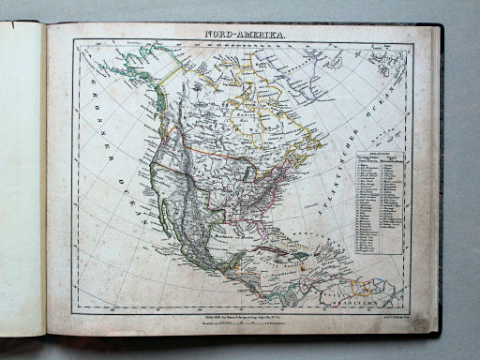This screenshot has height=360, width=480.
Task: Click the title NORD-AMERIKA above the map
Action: click(246, 35)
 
